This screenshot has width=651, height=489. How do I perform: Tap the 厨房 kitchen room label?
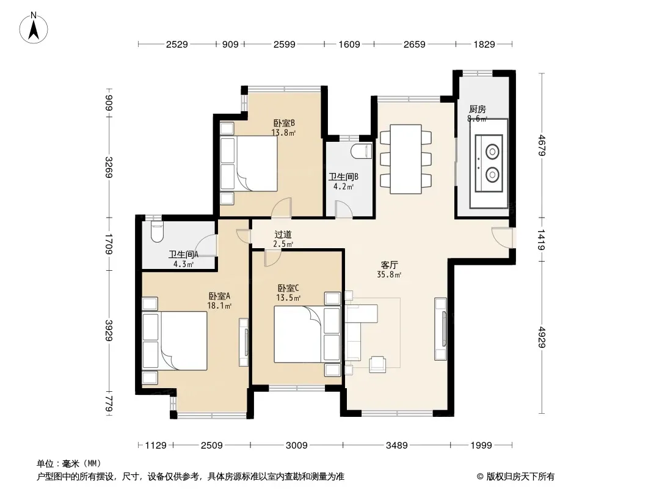[477, 109]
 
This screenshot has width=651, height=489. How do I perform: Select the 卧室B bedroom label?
[284, 123]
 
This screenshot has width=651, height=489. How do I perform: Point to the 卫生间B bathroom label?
[343, 177]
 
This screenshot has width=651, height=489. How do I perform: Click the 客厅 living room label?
[390, 265]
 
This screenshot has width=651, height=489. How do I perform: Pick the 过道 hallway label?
[283, 235]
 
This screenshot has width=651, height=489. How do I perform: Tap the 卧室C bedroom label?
[288, 288]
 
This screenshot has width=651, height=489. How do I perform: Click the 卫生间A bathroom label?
[183, 254]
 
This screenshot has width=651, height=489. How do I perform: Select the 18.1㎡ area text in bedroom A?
[219, 306]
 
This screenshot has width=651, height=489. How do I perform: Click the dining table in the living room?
[406, 159]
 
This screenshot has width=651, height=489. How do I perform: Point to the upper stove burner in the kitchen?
[492, 152]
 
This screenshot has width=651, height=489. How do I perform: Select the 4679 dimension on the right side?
[542, 145]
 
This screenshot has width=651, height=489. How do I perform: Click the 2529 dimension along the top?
[177, 44]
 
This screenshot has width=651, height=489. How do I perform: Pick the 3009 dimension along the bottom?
[296, 446]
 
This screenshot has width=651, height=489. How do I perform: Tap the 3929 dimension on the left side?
[109, 330]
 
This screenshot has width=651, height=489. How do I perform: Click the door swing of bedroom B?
[282, 208]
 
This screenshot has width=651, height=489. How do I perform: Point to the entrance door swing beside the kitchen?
[502, 238]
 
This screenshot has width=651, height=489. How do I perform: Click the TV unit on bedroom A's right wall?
[244, 342]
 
